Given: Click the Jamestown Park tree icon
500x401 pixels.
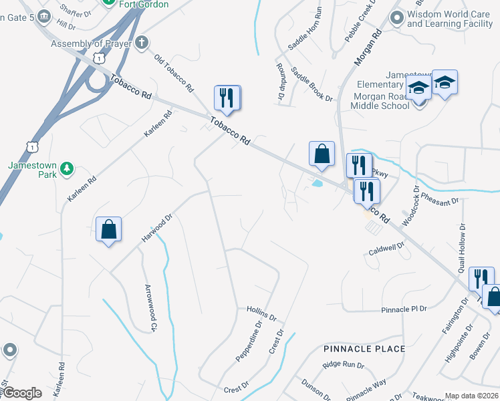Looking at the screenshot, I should (66, 169).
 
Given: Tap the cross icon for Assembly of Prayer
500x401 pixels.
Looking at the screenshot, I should (141, 43).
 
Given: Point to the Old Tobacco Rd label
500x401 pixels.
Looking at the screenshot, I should (174, 73).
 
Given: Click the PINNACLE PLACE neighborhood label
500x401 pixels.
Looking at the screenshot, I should (364, 349).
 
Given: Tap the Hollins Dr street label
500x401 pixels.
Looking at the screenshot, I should (261, 311).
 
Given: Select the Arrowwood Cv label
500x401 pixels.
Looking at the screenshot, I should (150, 308).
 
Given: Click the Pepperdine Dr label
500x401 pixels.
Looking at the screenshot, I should (247, 342).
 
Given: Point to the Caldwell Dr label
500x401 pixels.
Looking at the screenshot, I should (387, 249).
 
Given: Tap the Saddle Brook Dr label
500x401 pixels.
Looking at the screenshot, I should (311, 86).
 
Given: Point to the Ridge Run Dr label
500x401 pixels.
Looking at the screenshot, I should (343, 365).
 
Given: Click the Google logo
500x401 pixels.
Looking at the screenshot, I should (22, 393).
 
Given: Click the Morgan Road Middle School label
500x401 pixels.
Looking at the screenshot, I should (380, 100).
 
